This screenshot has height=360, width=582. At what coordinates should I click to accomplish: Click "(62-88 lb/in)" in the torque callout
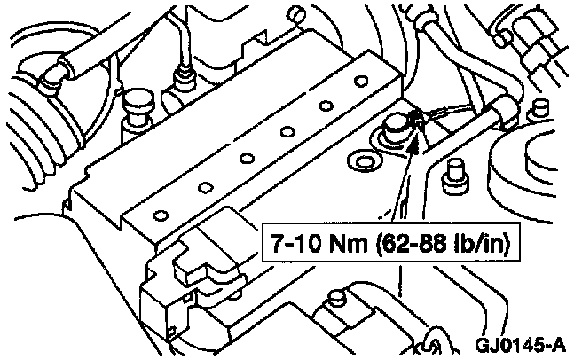(391, 240)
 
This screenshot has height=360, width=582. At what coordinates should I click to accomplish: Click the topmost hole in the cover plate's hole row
(360, 82)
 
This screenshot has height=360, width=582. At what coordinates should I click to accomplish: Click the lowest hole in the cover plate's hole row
(161, 214)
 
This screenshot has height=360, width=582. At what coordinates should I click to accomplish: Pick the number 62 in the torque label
(358, 240)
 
